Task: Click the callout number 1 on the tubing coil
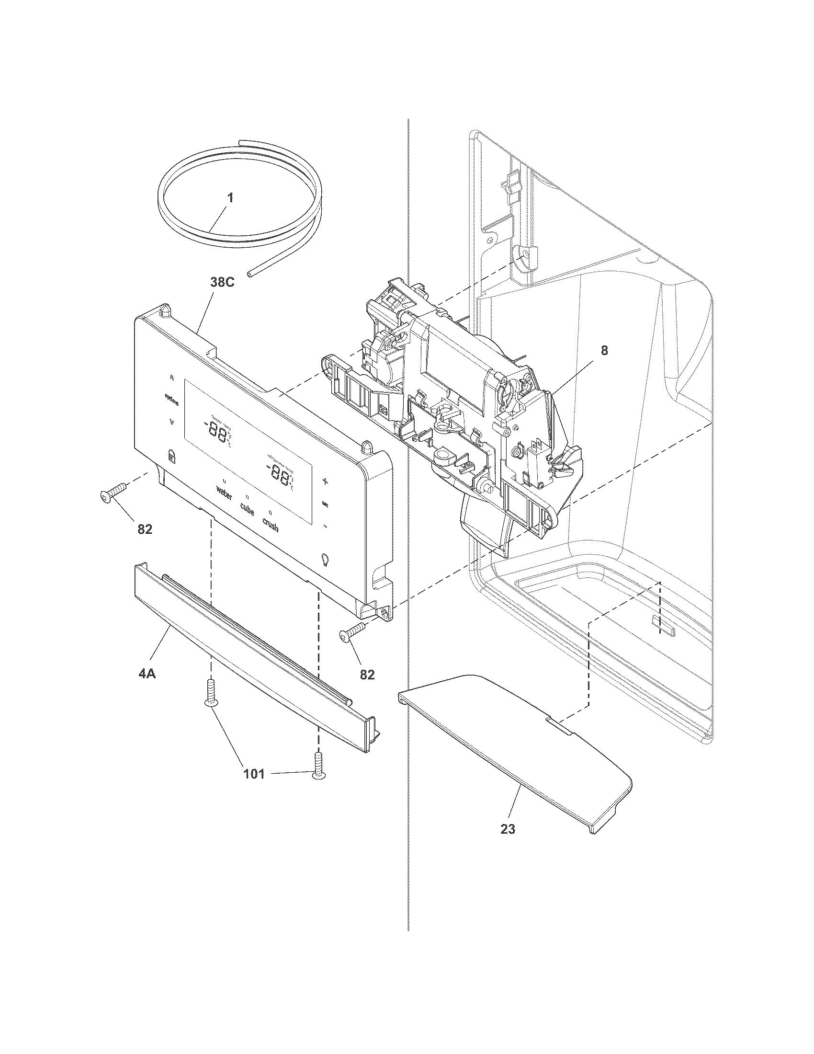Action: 230,198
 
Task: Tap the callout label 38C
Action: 222,283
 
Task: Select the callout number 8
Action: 604,351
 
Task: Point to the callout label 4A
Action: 147,674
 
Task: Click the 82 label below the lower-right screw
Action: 367,674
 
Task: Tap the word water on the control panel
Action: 224,493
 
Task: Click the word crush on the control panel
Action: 270,525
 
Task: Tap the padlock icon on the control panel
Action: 171,455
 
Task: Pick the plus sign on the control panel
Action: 325,481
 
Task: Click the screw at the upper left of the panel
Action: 112,492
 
